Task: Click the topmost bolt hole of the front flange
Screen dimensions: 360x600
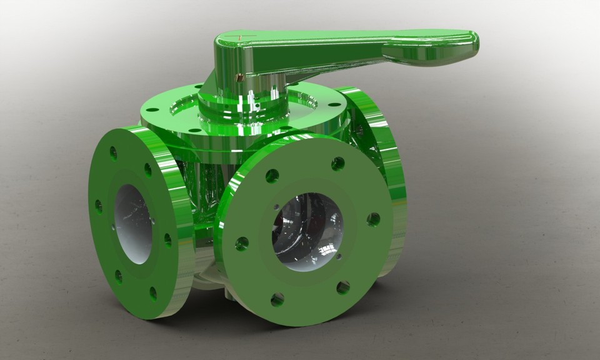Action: pos(337,164)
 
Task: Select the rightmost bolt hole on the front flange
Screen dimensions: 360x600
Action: pos(373,219)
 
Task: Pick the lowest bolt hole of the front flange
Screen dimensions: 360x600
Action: pos(277,300)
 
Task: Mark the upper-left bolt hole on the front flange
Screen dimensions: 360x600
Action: pos(272,176)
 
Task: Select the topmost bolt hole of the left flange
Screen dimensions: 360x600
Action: pos(113,152)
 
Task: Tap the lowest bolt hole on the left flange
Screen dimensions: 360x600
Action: pos(153,292)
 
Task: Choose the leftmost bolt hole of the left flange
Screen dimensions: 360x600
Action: pos(98,205)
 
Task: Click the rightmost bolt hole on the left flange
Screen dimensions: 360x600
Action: pos(167,239)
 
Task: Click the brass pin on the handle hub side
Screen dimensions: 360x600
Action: pos(239,78)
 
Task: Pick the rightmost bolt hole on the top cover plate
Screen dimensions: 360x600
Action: pos(335,105)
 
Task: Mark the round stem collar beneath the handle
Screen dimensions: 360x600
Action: pos(244,106)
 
